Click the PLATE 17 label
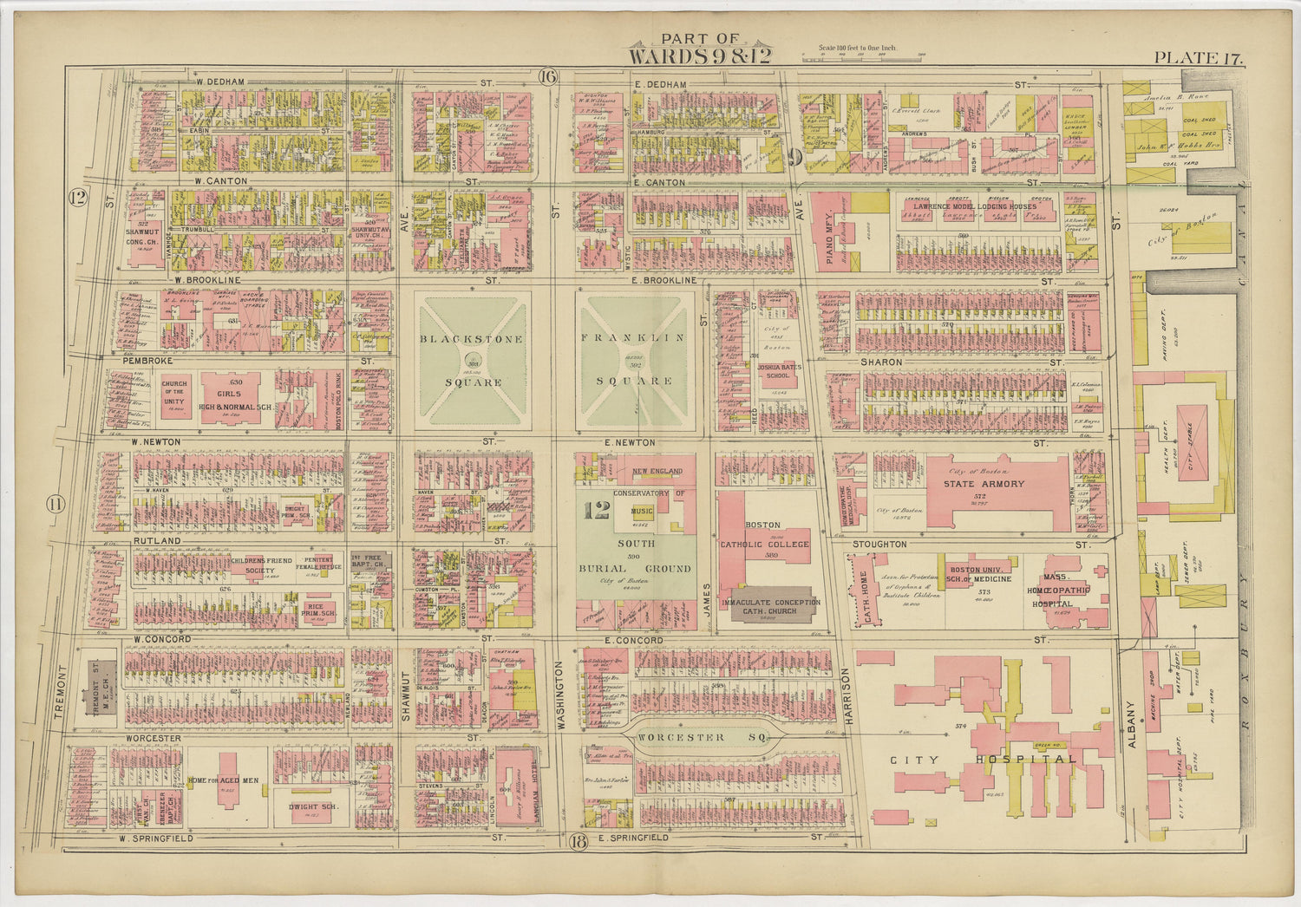click(x=1198, y=58)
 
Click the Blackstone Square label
click(x=472, y=360)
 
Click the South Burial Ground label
click(x=637, y=556)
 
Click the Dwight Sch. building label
click(x=312, y=806)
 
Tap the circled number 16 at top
click(x=546, y=76)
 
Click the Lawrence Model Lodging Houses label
click(x=973, y=206)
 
